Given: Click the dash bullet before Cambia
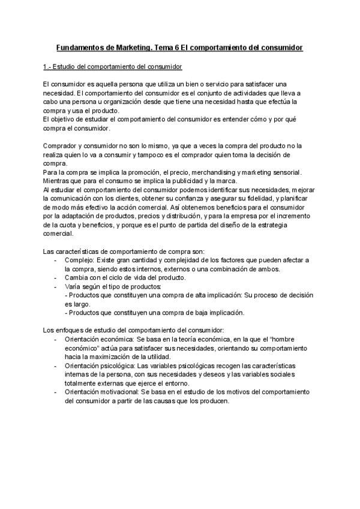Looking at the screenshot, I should click(55, 277).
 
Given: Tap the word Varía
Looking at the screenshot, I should click(74, 286).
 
